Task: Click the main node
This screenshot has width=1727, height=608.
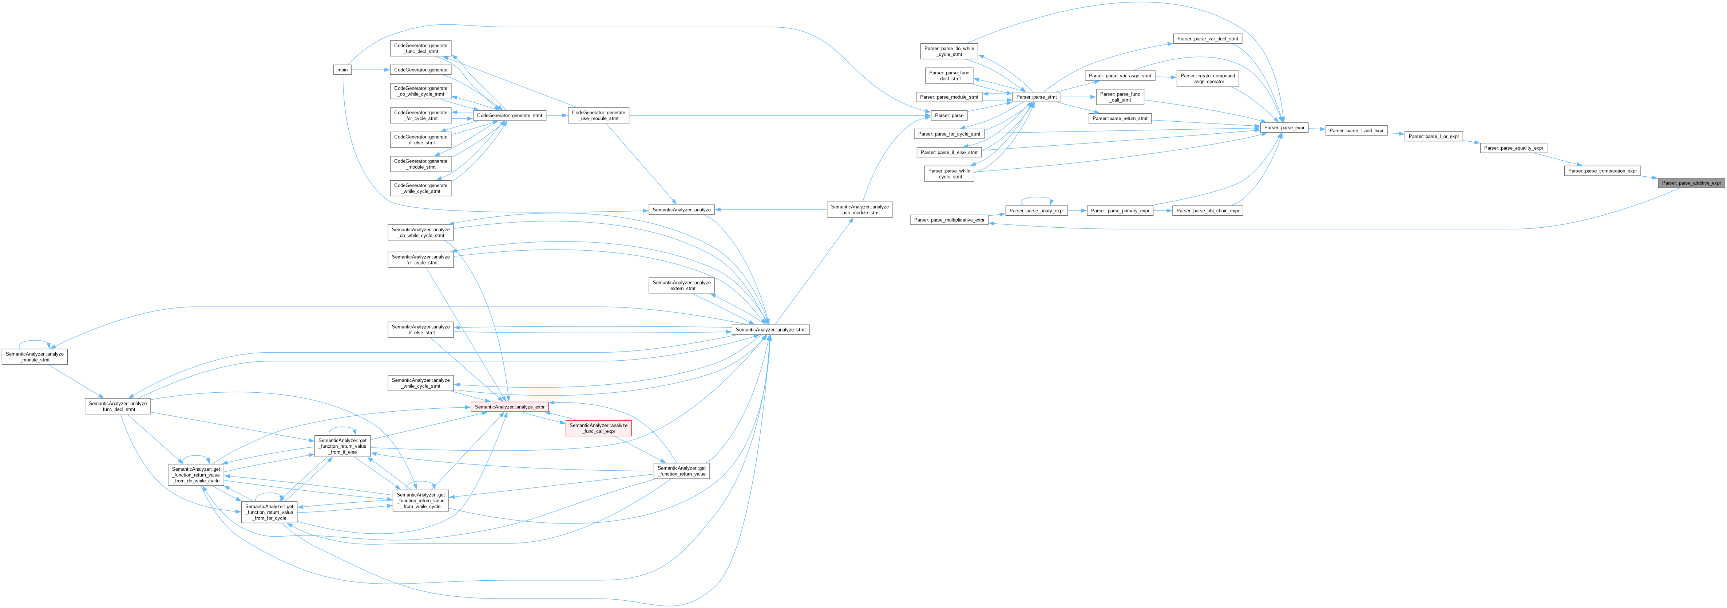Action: coord(342,70)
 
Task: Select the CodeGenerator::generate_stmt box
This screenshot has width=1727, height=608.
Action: coord(509,115)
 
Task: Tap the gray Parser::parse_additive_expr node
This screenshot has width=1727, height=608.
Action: coord(1691,183)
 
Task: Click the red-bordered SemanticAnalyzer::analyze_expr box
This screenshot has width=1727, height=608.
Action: coord(510,407)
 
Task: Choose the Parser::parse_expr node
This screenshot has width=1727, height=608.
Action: coord(1284,128)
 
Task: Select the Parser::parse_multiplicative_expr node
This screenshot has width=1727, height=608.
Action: coord(948,220)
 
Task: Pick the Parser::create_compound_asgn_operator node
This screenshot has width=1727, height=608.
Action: coord(1207,79)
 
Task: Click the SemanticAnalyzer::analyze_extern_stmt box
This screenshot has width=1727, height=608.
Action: coord(682,285)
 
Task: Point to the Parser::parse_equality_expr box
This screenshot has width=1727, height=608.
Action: coord(1513,148)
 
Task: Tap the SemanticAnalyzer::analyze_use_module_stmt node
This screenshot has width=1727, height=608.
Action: coord(859,209)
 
